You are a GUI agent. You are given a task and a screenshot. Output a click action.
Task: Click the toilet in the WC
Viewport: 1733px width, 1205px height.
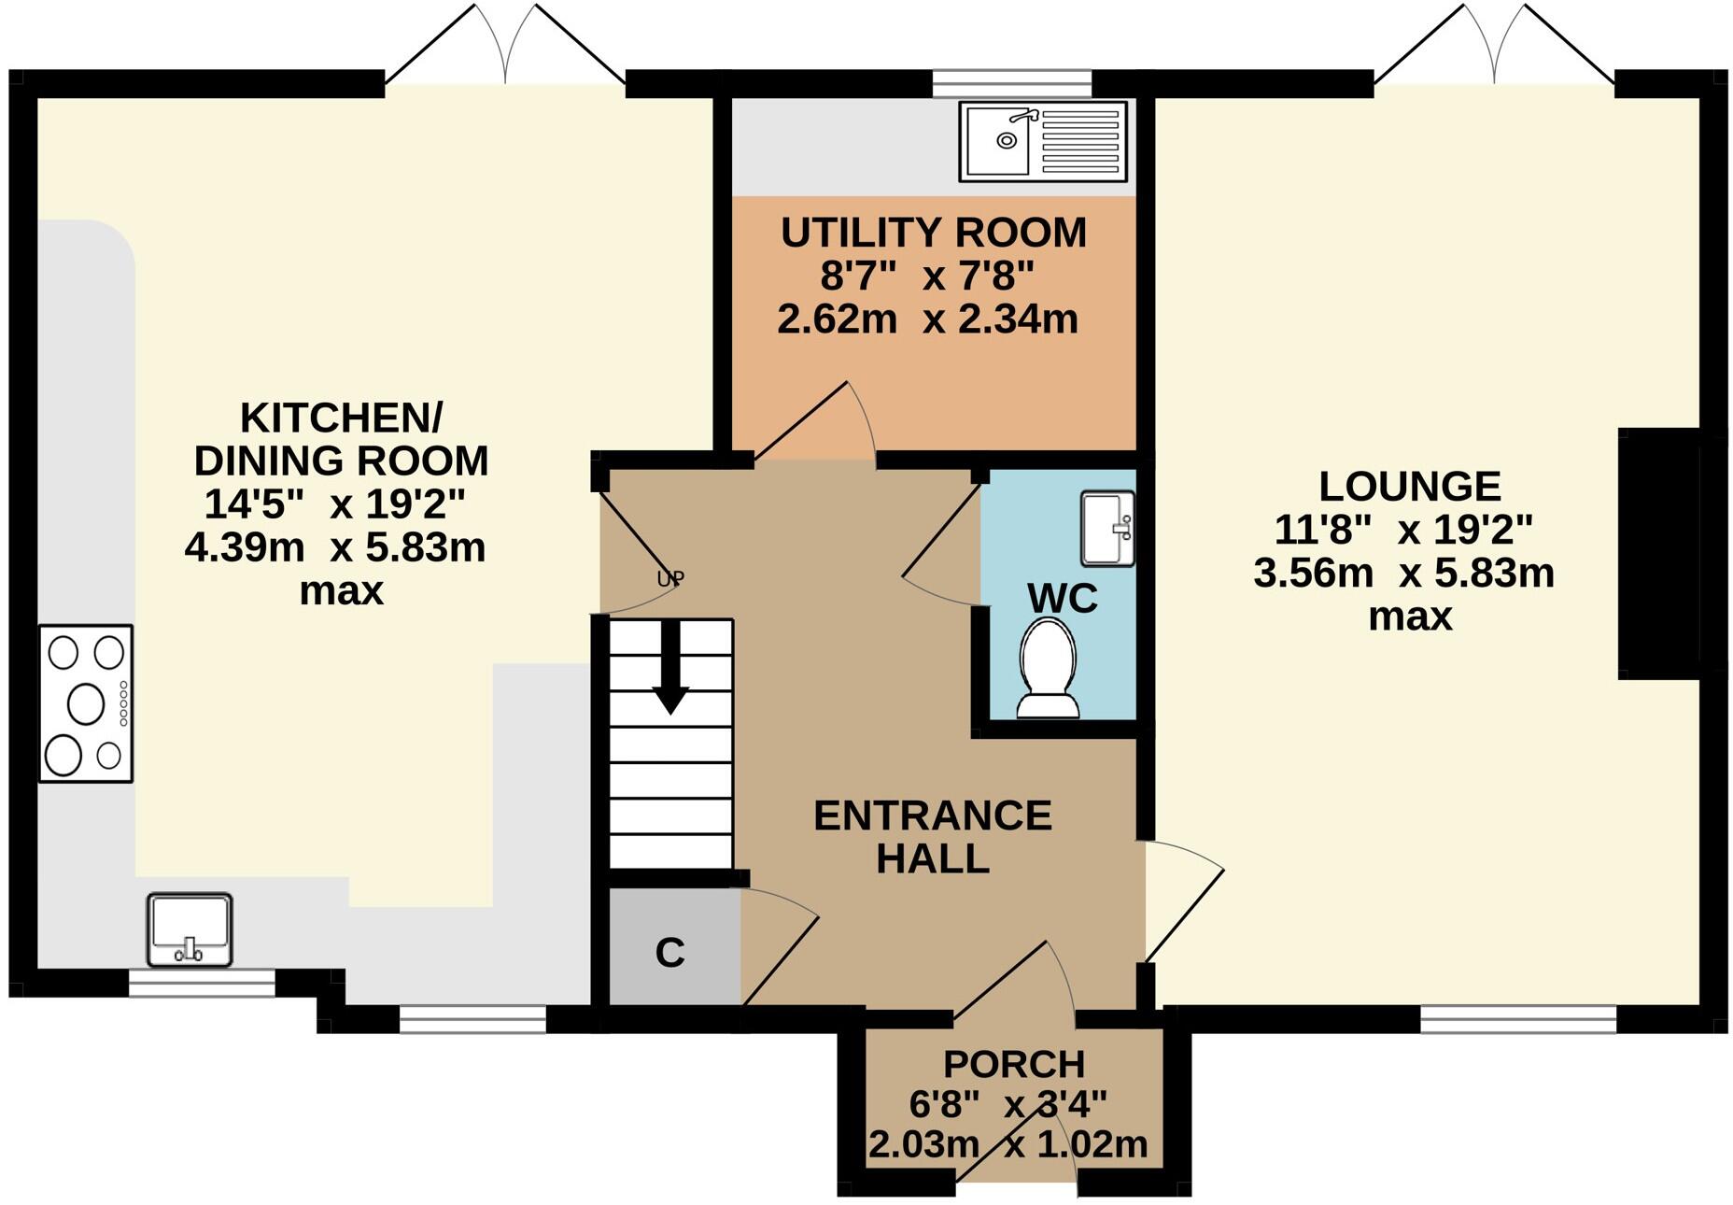click(x=1048, y=669)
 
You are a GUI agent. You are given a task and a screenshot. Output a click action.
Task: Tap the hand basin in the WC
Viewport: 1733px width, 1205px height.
click(x=1107, y=529)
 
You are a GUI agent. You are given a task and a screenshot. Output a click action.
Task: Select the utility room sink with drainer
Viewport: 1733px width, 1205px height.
click(x=1042, y=142)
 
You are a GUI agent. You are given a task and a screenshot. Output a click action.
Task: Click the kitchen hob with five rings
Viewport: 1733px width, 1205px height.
click(x=86, y=702)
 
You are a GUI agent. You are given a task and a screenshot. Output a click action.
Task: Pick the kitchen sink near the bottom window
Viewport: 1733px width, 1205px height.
click(x=190, y=929)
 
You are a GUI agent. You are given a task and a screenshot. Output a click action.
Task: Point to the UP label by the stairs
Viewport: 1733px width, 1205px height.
click(x=669, y=579)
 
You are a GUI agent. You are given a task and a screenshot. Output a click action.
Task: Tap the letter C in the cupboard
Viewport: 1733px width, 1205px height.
click(x=669, y=953)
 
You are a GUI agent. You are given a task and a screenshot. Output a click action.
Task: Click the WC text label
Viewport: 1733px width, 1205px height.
click(x=1062, y=598)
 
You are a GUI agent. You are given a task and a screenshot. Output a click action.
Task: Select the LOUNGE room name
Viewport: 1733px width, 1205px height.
click(x=1409, y=487)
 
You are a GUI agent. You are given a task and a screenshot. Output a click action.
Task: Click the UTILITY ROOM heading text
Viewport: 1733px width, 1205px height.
click(x=933, y=233)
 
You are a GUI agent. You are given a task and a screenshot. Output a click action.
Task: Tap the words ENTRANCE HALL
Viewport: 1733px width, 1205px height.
click(x=932, y=837)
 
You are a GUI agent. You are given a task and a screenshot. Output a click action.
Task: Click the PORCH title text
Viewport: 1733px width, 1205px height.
click(x=1013, y=1064)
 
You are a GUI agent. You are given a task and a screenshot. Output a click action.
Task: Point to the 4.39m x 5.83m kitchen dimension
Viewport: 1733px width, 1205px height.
click(x=334, y=548)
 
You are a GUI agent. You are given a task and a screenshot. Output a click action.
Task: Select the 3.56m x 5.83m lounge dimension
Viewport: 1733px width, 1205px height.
click(x=1403, y=573)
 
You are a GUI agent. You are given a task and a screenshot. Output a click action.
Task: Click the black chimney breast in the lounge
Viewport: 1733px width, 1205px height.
click(x=1659, y=553)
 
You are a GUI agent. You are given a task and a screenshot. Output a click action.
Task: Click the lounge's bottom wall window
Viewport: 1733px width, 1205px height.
click(x=1518, y=1019)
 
